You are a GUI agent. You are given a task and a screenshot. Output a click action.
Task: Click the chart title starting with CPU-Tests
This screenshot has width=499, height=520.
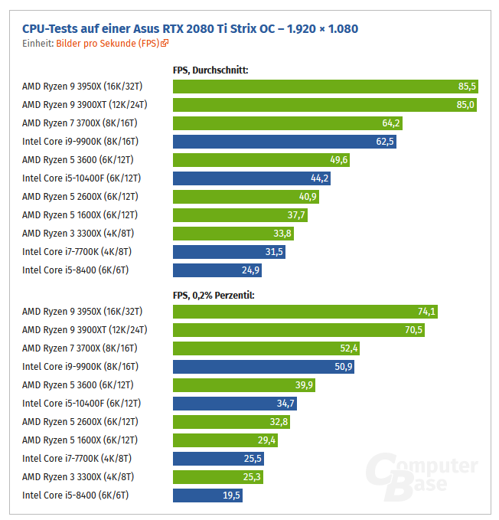pyautogui.click(x=190, y=29)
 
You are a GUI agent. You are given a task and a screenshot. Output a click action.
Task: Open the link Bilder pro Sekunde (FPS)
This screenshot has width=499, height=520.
pyautogui.click(x=112, y=44)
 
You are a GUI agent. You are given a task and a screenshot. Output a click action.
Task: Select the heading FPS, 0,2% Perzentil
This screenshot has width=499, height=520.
pyautogui.click(x=214, y=295)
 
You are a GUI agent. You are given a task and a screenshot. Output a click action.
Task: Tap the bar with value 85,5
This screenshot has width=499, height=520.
pyautogui.click(x=325, y=86)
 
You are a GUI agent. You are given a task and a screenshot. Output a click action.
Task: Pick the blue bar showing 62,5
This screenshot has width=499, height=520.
pyautogui.click(x=285, y=141)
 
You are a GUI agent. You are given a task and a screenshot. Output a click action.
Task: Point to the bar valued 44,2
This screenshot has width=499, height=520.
pyautogui.click(x=253, y=178)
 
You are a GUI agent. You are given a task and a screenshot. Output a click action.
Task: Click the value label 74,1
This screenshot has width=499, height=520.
pyautogui.click(x=426, y=311)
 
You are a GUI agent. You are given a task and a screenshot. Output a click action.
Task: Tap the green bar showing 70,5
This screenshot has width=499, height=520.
pyautogui.click(x=298, y=329)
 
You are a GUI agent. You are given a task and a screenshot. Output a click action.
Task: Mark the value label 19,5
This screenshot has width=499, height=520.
pyautogui.click(x=231, y=495)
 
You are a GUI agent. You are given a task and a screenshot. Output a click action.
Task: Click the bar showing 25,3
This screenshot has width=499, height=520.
pyautogui.click(x=218, y=476)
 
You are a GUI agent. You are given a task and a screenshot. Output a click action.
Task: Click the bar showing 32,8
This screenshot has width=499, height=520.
pyautogui.click(x=232, y=421)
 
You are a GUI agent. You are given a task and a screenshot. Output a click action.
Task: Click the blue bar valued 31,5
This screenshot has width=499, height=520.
pyautogui.click(x=230, y=251)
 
